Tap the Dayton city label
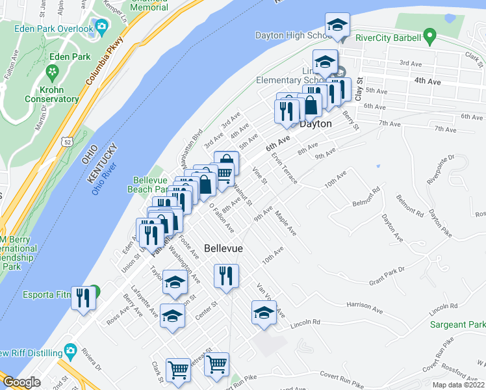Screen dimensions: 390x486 [316, 123]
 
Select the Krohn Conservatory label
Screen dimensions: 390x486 [51, 94]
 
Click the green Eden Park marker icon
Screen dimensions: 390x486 [51, 70]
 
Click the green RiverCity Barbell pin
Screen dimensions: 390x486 [428, 34]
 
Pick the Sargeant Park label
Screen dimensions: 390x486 [457, 324]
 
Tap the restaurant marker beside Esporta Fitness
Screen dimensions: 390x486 [83, 298]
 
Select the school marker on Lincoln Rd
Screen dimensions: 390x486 [264, 314]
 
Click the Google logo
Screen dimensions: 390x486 [22, 382]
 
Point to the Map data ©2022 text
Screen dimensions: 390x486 [458, 385]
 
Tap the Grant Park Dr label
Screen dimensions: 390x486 [387, 276]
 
